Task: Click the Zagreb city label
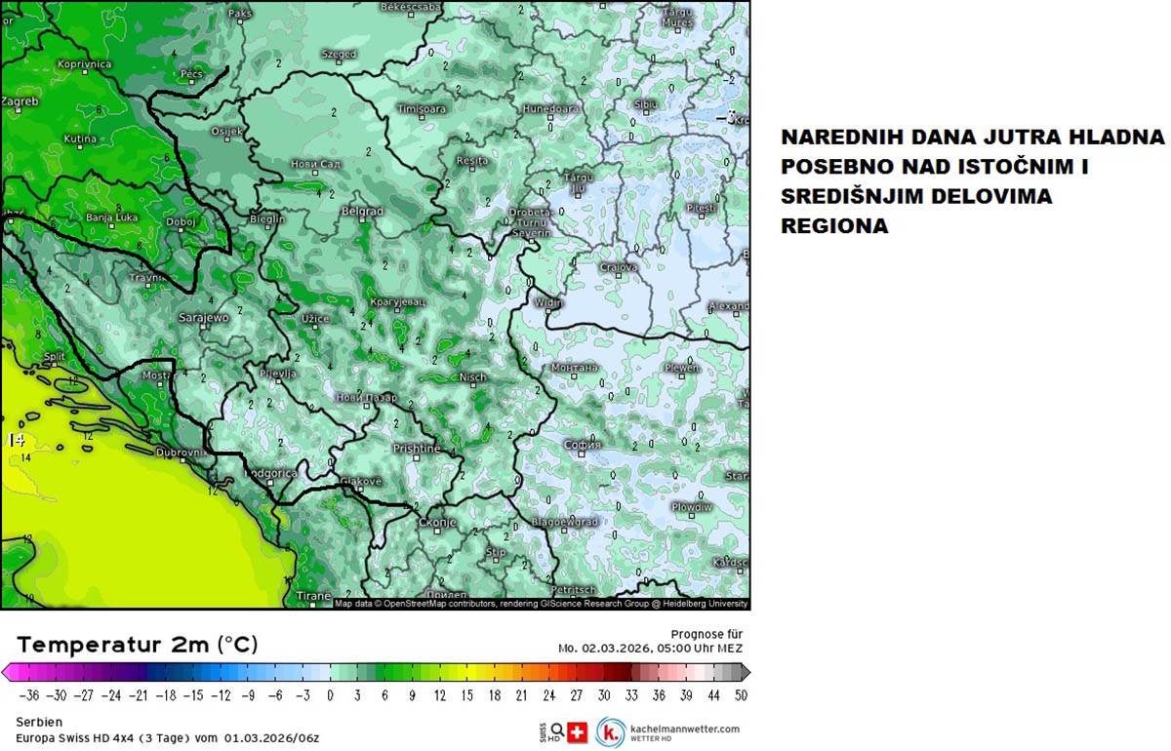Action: tap(20, 101)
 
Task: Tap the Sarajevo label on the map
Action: tap(203, 318)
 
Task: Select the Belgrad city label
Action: tap(361, 211)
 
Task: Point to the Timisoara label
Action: tap(421, 109)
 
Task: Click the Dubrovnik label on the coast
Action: tap(182, 453)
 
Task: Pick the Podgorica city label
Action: tap(269, 473)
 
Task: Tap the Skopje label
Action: tap(437, 523)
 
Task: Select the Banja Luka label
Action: tap(111, 217)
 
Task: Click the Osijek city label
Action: tap(226, 132)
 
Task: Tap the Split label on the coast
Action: tap(54, 357)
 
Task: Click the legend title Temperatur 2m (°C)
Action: tap(138, 645)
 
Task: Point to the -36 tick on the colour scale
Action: tap(30, 695)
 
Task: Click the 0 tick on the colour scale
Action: tap(330, 695)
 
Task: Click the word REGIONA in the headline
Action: tap(834, 226)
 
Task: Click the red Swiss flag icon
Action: tap(578, 732)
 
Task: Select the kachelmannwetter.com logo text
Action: tap(684, 729)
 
